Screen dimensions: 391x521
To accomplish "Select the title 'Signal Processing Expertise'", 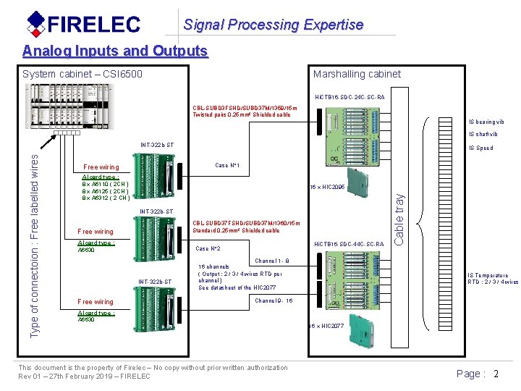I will point(273,25).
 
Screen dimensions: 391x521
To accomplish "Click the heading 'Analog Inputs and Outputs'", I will point(115,51).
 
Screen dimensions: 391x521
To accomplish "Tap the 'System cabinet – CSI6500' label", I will point(82,74).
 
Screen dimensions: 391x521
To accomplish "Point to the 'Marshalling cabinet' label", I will point(357,74).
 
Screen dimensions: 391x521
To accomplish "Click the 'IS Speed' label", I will point(480,148).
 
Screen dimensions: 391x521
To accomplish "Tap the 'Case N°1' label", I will point(227,166).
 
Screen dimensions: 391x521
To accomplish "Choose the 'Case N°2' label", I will point(208,248).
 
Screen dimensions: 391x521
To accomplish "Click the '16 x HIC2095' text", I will point(327,187).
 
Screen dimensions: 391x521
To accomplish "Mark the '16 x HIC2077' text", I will point(326,327).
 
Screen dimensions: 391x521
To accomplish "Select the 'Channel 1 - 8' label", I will point(272,261).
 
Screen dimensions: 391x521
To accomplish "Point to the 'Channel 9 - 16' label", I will point(274,300).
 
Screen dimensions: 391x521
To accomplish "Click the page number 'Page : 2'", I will point(478,374).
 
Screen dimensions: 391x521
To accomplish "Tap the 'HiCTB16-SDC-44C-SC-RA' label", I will point(350,244).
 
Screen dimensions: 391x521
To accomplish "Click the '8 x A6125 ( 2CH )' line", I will point(106,190).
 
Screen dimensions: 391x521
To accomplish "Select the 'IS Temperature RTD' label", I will point(492,279).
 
